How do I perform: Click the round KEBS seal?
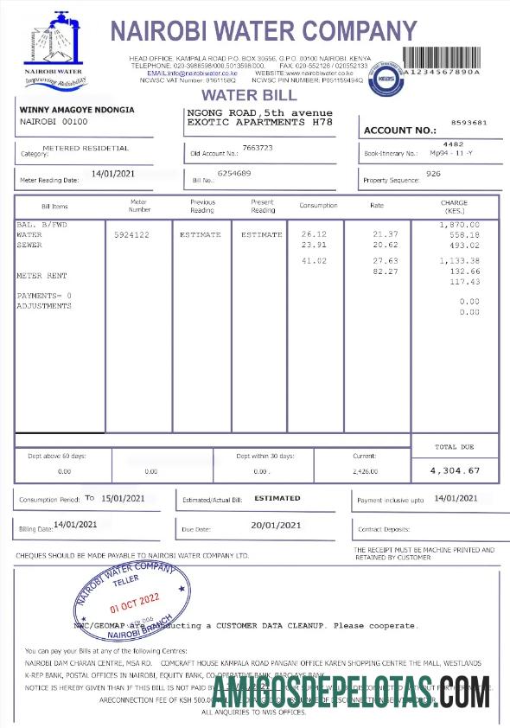(386, 79)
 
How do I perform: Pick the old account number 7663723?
(258, 148)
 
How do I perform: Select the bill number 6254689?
(233, 174)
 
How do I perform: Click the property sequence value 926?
(434, 174)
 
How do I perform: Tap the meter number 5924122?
(131, 234)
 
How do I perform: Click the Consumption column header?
(318, 206)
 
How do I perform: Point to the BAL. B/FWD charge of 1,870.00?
(459, 225)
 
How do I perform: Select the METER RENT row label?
(41, 276)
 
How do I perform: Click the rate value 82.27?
(386, 271)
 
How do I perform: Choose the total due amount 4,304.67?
(455, 470)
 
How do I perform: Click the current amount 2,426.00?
(366, 471)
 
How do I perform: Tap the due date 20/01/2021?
(276, 525)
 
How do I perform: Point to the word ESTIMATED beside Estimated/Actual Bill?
(277, 498)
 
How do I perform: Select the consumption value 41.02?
(314, 260)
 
